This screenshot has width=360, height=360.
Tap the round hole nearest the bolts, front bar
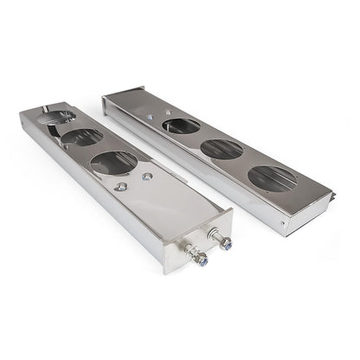tap(114, 162)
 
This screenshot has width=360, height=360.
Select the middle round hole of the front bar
tap(82, 137)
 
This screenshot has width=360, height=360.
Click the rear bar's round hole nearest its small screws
tap(181, 125)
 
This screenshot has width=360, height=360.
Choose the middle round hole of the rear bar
tap(222, 149)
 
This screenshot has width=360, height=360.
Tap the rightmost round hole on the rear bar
tap(271, 178)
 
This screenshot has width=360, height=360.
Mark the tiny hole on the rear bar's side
tap(284, 222)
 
